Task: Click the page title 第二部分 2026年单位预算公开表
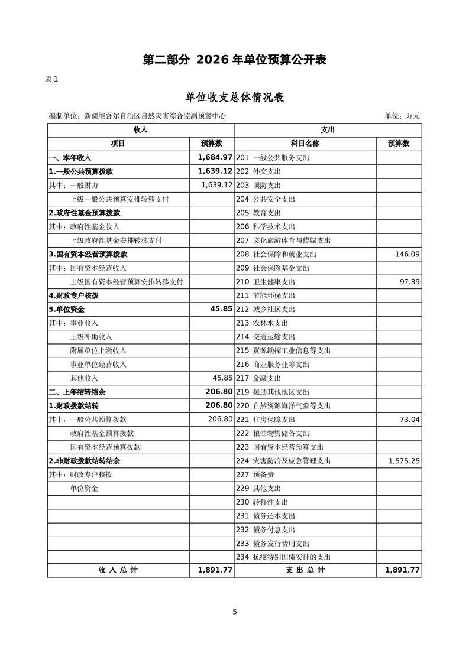(235, 60)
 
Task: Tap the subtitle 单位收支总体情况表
(235, 97)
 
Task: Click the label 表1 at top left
(51, 79)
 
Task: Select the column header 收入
(141, 129)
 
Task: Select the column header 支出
(328, 129)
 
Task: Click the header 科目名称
(305, 144)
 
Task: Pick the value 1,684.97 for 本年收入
(215, 158)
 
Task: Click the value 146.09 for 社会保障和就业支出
(406, 254)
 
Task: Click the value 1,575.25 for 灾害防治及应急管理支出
(404, 461)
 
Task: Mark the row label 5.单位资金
(66, 309)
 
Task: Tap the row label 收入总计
(118, 570)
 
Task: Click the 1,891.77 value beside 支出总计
(402, 570)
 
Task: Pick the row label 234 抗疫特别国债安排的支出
(283, 557)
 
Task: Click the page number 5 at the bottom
(235, 612)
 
